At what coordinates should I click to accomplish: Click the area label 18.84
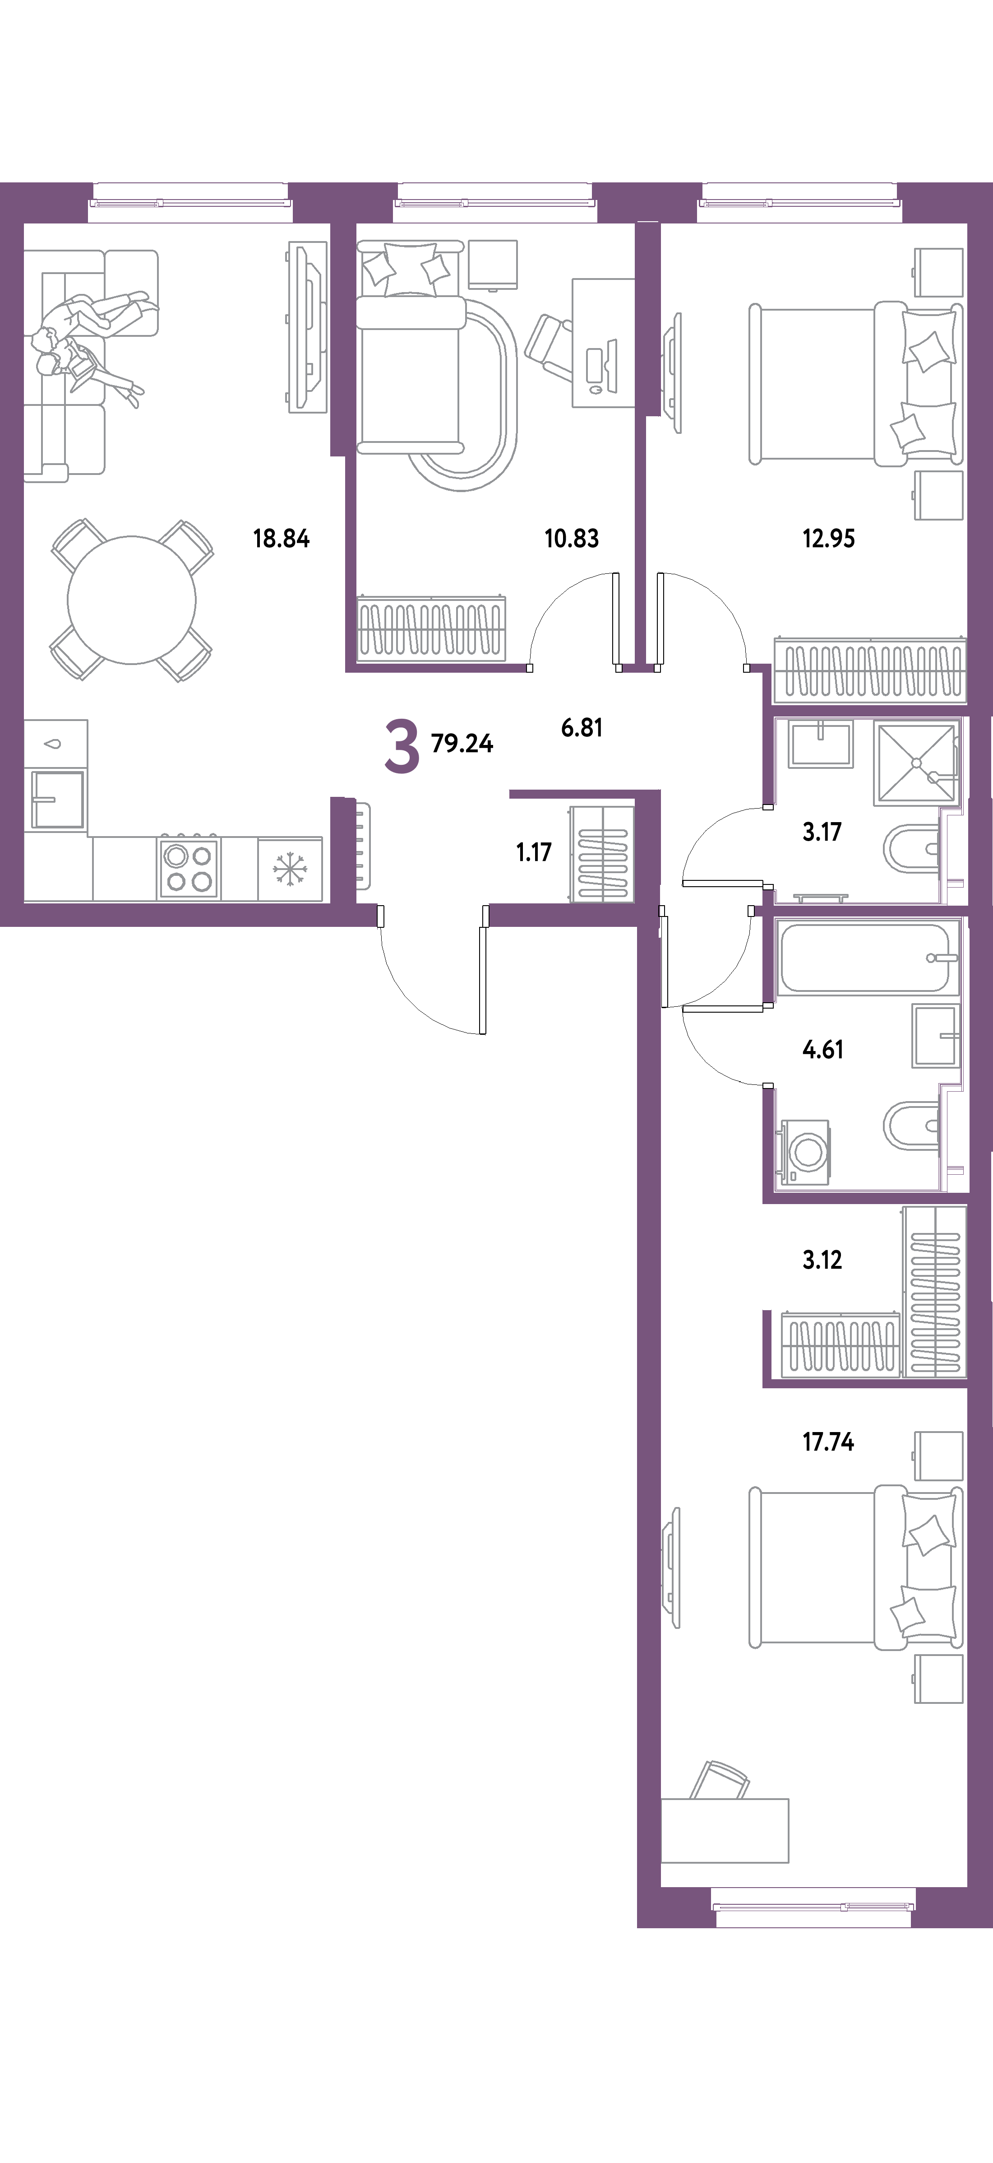[281, 538]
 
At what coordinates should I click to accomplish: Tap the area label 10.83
[572, 538]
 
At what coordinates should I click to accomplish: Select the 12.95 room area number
[828, 538]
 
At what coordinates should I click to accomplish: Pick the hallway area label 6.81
[582, 727]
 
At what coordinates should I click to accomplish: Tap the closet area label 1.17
[534, 852]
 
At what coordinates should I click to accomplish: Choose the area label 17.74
[828, 1442]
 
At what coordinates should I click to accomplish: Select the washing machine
[804, 1152]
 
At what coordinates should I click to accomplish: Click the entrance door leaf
[484, 970]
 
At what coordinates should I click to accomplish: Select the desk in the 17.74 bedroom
[725, 1830]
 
